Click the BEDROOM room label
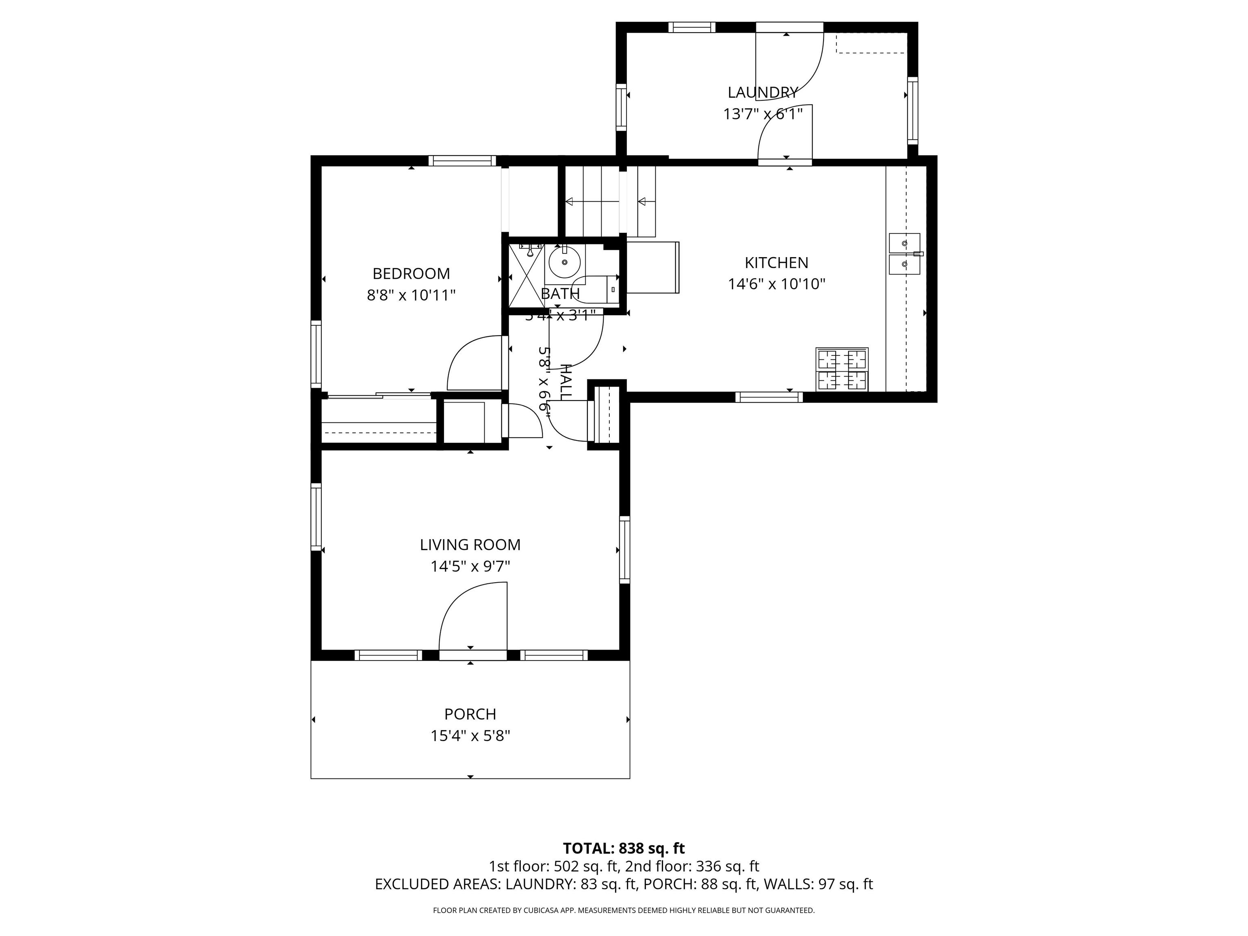coord(411,274)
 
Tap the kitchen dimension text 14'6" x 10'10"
coord(776,284)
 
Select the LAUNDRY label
coord(762,92)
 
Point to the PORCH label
coord(470,714)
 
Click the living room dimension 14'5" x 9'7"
coord(470,566)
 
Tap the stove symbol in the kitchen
coord(841,370)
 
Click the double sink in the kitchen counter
coord(904,254)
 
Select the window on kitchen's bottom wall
coord(769,397)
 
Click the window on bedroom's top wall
coord(462,161)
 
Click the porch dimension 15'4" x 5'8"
coord(470,736)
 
